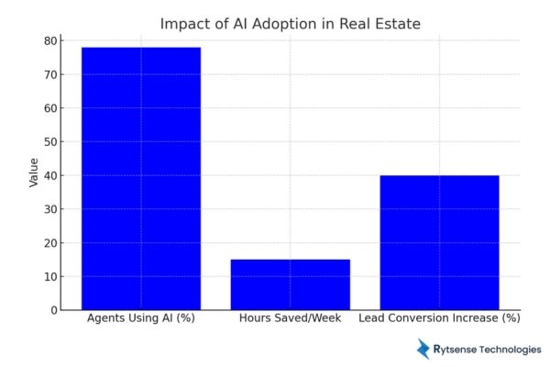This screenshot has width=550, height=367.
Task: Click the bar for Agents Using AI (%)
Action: (140, 178)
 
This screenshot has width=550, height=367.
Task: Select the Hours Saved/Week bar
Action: (290, 284)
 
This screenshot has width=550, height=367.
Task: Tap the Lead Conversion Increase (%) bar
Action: (439, 242)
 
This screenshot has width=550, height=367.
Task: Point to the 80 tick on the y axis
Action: (50, 41)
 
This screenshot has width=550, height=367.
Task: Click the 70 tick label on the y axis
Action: (50, 74)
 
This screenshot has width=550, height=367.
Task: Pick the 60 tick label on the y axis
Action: (50, 108)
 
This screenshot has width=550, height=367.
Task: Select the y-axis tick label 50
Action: (50, 142)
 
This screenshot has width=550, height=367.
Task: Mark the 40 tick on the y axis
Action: (50, 175)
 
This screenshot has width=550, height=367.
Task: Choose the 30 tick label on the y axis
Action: (50, 209)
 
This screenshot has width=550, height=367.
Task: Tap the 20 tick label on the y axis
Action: (50, 243)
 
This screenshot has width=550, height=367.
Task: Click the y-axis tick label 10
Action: (50, 276)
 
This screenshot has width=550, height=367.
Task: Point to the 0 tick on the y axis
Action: (53, 310)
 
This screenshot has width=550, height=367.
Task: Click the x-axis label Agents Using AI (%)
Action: (140, 318)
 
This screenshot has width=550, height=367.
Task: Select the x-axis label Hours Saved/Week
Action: (290, 318)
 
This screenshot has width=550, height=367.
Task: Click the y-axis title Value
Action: (34, 172)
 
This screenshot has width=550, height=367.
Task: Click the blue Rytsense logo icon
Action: (423, 349)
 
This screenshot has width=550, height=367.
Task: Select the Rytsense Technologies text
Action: (488, 350)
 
